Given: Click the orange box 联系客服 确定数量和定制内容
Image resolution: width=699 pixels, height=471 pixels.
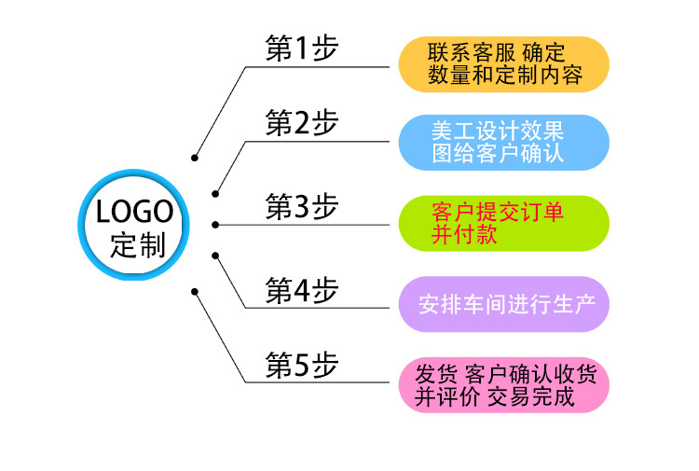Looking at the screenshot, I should [504, 63].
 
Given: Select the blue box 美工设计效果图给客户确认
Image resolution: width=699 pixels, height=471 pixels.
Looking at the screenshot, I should [504, 142].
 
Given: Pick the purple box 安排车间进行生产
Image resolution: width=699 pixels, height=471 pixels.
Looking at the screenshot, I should [504, 304].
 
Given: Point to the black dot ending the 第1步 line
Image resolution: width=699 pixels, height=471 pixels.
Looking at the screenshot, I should [195, 158].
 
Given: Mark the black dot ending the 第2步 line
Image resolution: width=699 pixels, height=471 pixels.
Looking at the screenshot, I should [215, 194].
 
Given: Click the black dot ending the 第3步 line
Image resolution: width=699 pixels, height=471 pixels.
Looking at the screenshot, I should [215, 225].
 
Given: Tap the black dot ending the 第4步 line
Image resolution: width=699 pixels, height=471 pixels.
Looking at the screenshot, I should [215, 254].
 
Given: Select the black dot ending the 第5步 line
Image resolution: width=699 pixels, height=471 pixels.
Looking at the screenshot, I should [195, 291].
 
